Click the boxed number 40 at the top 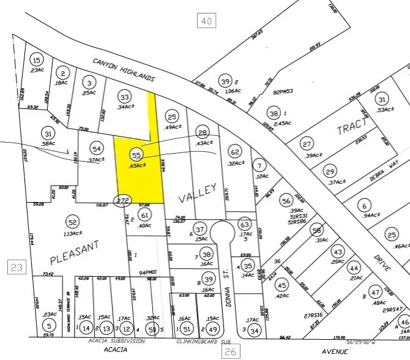click(x=207, y=21)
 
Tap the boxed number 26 click(x=230, y=351)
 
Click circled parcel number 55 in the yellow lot click(x=136, y=156)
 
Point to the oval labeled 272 click(x=124, y=200)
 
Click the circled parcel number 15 click(x=38, y=60)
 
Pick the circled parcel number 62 click(x=234, y=151)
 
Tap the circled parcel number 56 click(x=285, y=200)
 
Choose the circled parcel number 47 click(x=375, y=293)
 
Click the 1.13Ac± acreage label click(x=73, y=233)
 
